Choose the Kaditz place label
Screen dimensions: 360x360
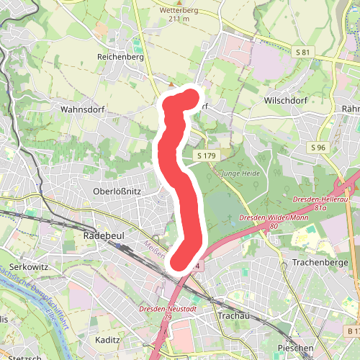108,338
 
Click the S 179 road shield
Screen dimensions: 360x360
205,156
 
